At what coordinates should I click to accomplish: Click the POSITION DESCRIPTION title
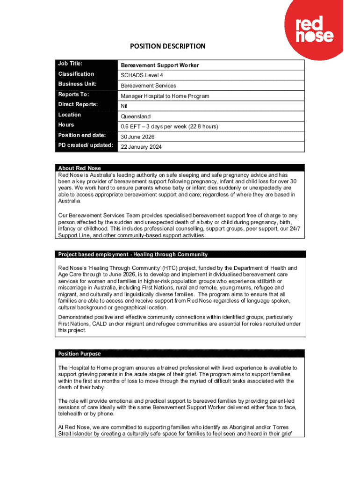[167, 46]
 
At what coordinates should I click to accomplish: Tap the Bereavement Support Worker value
[153, 65]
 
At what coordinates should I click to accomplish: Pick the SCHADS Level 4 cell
[142, 75]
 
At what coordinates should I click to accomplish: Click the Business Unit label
[77, 84]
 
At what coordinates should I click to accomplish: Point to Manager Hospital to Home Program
[165, 96]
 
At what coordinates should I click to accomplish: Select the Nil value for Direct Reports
[124, 106]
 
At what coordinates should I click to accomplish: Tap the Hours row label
[66, 125]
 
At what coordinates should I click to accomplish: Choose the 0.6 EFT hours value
[169, 127]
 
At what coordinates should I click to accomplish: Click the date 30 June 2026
[137, 137]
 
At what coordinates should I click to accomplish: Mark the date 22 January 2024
[141, 147]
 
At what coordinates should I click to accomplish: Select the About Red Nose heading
[79, 168]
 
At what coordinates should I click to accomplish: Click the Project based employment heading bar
[133, 254]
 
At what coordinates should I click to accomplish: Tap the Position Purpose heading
[79, 354]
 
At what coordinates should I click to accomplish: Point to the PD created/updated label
[86, 145]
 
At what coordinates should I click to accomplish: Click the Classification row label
[76, 74]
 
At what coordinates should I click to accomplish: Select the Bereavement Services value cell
[148, 86]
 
